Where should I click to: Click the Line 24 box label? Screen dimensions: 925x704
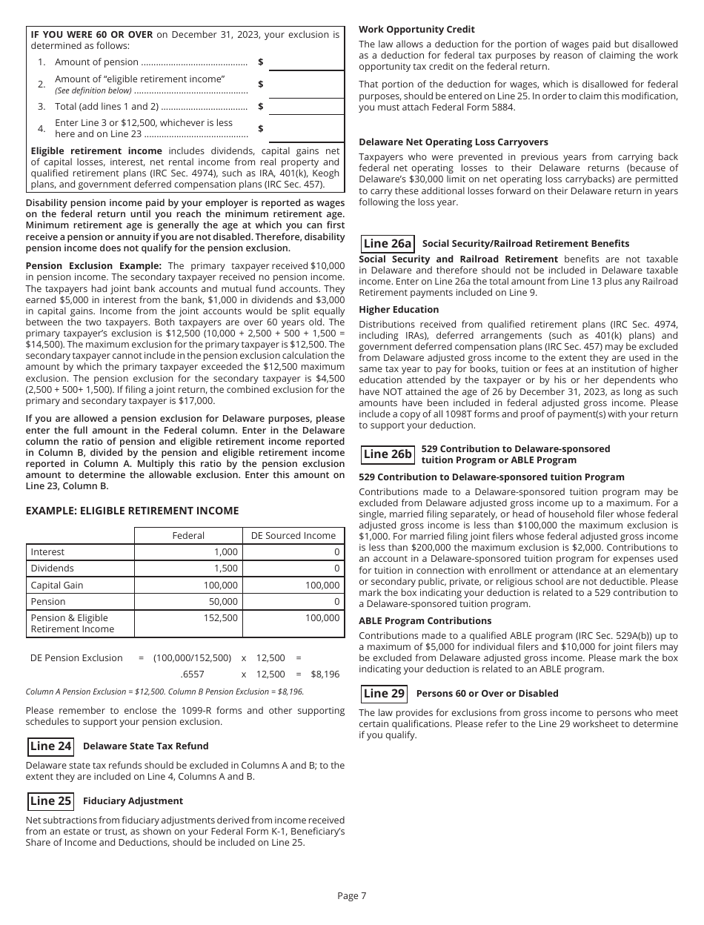(50, 746)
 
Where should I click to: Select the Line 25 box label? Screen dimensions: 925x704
(50, 801)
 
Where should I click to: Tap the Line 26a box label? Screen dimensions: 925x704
(388, 244)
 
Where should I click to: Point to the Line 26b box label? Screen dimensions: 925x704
(388, 454)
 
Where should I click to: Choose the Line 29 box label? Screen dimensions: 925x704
(385, 694)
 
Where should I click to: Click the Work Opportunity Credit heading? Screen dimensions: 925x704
(416, 30)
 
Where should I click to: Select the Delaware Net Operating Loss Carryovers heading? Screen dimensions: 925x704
(454, 142)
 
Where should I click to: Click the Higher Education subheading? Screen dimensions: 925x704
(399, 310)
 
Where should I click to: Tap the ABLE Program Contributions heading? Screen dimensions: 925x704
(425, 621)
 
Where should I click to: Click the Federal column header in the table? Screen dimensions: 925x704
(188, 536)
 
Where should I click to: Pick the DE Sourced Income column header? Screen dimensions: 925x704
(293, 536)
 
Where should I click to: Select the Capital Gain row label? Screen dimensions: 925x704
(57, 586)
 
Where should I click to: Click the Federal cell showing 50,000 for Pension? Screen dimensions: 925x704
(223, 602)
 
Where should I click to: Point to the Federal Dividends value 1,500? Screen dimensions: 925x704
(226, 568)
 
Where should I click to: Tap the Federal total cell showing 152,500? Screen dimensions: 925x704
(221, 618)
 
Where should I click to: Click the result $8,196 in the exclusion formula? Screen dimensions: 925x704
(325, 674)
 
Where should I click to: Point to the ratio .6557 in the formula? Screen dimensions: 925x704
(192, 674)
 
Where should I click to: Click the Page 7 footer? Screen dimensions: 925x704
(351, 896)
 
